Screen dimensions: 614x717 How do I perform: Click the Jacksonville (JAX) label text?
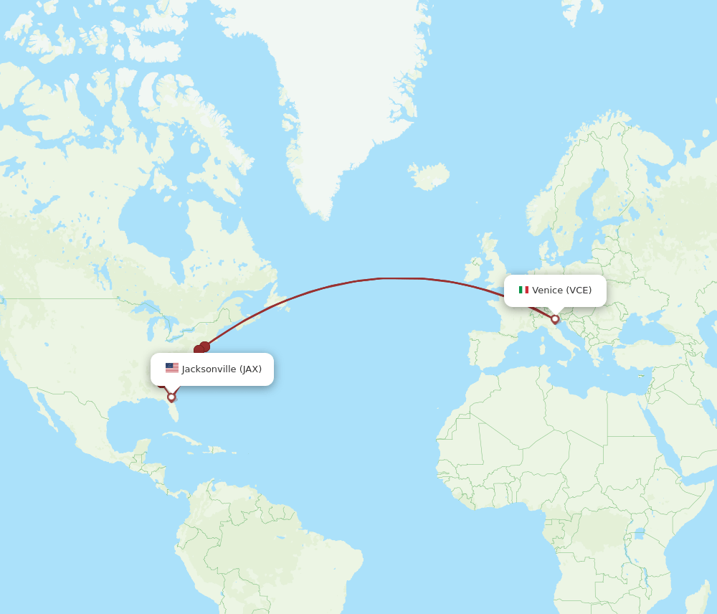coord(222,369)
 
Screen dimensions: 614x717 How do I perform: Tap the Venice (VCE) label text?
coord(561,291)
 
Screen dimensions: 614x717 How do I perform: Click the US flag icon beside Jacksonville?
coord(172,368)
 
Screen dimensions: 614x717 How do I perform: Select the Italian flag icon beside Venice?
coord(523,290)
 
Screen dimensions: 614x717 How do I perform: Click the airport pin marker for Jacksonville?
coord(171,397)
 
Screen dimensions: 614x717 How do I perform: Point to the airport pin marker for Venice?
coord(555,319)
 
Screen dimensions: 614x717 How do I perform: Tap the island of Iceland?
coord(429,176)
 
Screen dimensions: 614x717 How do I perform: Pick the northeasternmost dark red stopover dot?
coord(205,346)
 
